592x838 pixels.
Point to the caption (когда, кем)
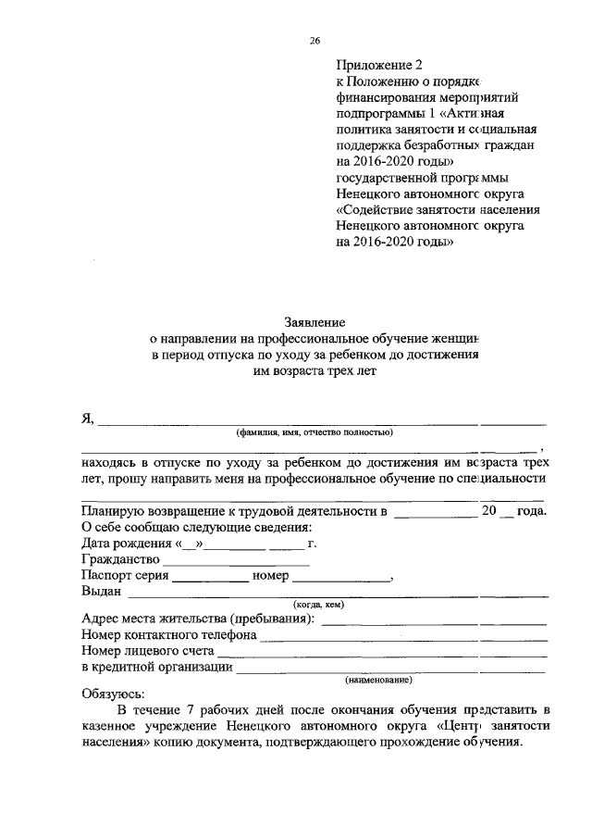[x=318, y=605]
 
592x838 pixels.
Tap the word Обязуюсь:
[x=107, y=694]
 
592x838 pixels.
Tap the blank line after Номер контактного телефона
[x=403, y=638]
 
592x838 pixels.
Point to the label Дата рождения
[x=123, y=544]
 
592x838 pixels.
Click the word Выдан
[x=101, y=592]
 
